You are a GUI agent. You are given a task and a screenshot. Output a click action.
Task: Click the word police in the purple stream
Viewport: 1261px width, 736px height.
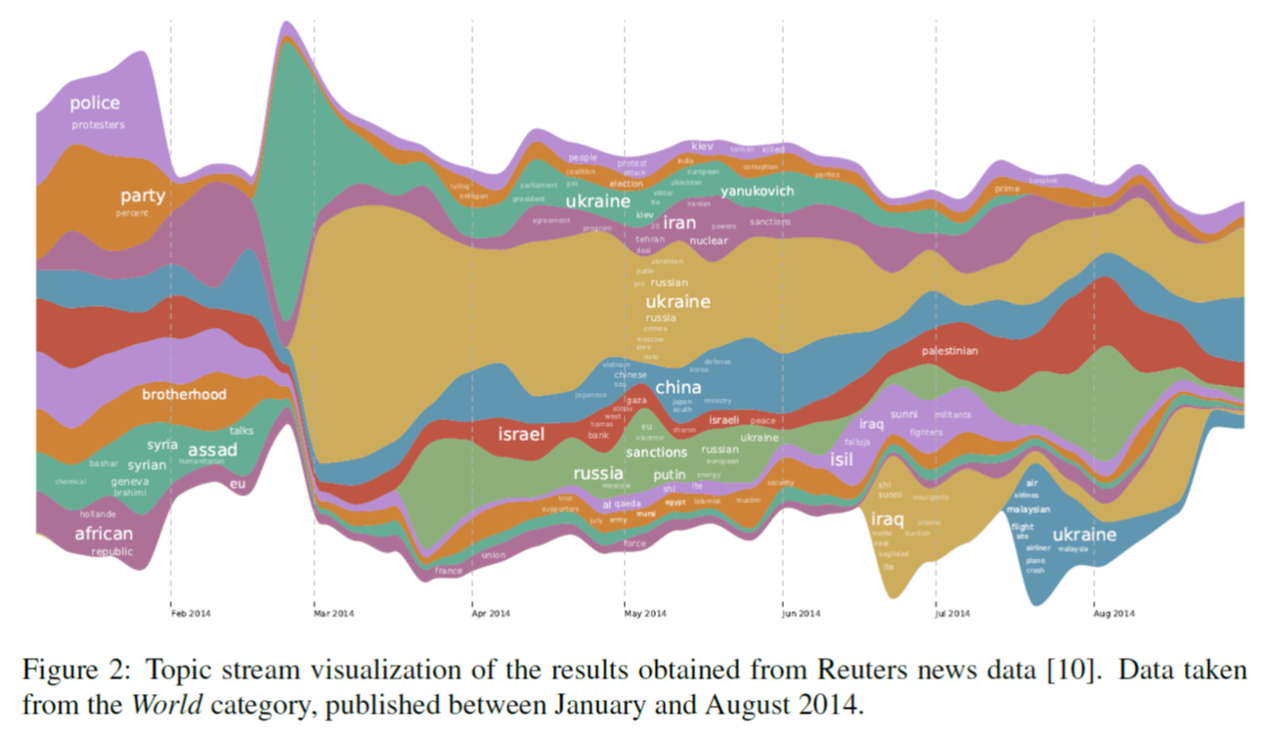click(x=95, y=103)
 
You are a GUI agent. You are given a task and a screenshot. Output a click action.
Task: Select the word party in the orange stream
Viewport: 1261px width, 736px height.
click(x=143, y=195)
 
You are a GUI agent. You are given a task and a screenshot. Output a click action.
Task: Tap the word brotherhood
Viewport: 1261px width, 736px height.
click(x=184, y=395)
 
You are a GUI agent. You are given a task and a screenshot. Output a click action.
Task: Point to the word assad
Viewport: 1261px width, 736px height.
click(x=212, y=450)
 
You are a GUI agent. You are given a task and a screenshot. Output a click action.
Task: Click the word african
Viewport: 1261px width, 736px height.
click(x=104, y=534)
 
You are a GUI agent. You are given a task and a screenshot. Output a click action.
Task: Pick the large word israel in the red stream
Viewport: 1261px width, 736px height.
click(x=521, y=434)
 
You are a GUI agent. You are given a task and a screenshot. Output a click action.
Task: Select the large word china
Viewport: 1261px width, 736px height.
click(x=677, y=388)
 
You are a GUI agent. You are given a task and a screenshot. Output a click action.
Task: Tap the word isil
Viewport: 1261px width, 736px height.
click(x=842, y=459)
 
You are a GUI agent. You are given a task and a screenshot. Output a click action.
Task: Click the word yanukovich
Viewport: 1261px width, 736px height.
click(x=758, y=192)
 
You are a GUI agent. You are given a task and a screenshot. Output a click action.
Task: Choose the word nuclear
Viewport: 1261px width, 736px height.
click(x=709, y=240)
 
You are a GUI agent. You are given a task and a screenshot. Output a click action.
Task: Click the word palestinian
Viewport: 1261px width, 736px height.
click(x=949, y=351)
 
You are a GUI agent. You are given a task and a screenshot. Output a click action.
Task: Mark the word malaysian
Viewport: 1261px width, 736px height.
click(x=1028, y=509)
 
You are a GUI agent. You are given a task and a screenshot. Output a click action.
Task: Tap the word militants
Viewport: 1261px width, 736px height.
click(x=953, y=415)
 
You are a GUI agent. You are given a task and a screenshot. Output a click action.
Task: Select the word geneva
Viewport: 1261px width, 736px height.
click(x=130, y=481)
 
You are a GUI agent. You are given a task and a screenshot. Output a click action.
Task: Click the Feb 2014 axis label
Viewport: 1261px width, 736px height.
click(x=189, y=614)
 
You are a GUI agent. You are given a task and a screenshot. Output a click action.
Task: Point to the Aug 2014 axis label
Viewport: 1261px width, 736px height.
click(x=1113, y=614)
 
